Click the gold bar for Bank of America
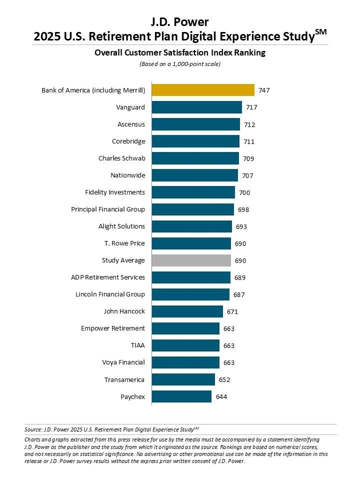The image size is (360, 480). pos(203,90)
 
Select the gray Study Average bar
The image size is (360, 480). pos(191,260)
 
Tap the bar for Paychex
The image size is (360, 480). pos(181,396)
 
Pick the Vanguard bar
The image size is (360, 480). pos(196,107)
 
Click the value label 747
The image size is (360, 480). pos(264,90)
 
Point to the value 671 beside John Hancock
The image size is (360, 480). pos(232,311)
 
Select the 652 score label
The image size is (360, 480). pos(224,379)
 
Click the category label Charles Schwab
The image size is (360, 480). pos(121,158)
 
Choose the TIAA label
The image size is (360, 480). pos(137,345)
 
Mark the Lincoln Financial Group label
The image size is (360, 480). pos(110,294)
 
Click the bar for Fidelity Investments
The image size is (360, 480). pos(193,192)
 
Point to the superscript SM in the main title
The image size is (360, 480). pos(321,31)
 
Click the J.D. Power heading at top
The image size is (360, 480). pos(179,21)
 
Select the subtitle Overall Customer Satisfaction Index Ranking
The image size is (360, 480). pos(179,52)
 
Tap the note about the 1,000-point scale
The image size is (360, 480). pos(179,64)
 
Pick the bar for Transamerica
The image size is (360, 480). pos(183,379)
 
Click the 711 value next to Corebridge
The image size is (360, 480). pos(249,141)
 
